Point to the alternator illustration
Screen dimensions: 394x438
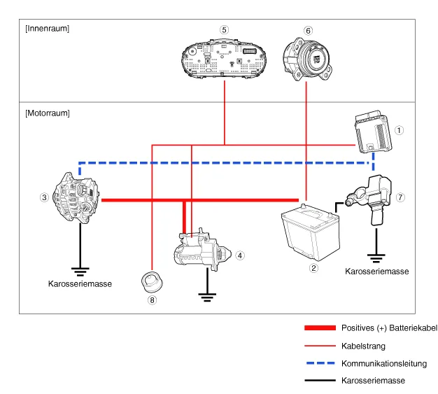coord(73,197)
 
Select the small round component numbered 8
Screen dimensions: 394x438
coord(152,282)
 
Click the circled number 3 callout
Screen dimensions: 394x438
coord(43,197)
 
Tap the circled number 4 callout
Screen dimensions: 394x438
coord(240,255)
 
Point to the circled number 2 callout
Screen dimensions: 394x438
coord(314,267)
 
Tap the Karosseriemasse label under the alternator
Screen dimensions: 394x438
coord(79,284)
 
